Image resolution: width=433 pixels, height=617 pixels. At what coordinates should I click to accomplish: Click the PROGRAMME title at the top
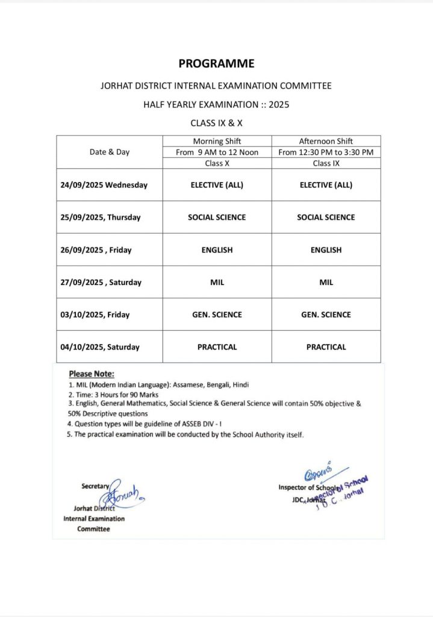pos(216,63)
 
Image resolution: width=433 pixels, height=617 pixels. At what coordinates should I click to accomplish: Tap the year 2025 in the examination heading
pos(279,104)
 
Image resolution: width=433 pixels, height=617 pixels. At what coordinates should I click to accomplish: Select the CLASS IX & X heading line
pos(216,122)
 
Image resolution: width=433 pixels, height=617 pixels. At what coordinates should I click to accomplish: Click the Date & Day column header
pos(110,152)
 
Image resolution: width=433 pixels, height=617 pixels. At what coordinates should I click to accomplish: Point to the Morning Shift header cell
pos(217,141)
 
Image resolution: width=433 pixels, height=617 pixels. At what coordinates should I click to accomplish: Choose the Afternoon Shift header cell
pos(326,141)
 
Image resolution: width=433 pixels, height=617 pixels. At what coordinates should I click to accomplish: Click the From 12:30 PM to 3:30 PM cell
pos(326,152)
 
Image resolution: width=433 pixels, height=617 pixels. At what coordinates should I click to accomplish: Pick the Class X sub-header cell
pos(217,163)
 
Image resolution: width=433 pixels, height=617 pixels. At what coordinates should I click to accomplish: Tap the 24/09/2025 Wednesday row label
pos(104,185)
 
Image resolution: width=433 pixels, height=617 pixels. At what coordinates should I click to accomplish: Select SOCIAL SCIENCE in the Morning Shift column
pos(217,218)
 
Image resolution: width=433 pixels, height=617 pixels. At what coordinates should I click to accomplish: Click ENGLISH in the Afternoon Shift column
pos(326,250)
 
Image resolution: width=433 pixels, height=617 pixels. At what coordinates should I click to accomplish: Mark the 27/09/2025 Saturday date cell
pos(101,283)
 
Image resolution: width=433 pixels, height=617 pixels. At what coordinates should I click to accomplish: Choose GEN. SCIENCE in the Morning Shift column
pos(217,315)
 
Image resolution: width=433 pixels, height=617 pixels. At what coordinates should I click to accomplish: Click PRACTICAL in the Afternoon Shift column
pos(326,347)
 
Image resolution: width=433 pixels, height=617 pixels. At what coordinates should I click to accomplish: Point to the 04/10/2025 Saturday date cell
pos(100,347)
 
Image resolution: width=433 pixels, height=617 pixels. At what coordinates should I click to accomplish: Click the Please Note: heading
pos(92,374)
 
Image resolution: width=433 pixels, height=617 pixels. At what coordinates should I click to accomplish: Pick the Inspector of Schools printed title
pos(307,487)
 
